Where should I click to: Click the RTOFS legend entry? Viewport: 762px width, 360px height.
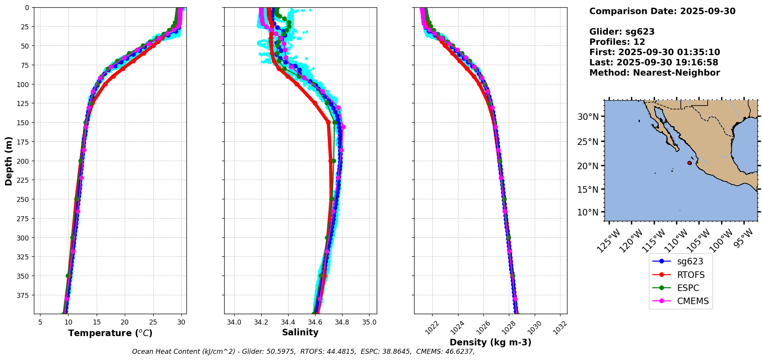click(x=691, y=275)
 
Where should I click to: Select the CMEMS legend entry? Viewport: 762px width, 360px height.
click(x=693, y=301)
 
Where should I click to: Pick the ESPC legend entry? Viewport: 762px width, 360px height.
click(x=688, y=288)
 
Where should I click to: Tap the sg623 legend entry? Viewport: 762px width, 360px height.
click(x=690, y=261)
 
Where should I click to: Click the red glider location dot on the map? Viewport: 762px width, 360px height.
click(x=689, y=163)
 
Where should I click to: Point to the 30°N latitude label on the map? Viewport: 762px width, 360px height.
click(x=588, y=117)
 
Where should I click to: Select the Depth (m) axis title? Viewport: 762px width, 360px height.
click(x=9, y=161)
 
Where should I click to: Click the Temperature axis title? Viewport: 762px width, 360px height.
click(x=110, y=333)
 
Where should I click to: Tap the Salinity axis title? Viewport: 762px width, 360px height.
click(x=300, y=333)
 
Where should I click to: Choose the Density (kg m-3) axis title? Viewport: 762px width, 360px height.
click(x=490, y=342)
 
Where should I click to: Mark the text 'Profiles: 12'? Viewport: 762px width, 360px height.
click(x=617, y=42)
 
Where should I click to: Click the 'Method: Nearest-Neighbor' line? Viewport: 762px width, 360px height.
click(x=655, y=73)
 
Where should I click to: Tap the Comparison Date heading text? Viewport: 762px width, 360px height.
click(x=662, y=11)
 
